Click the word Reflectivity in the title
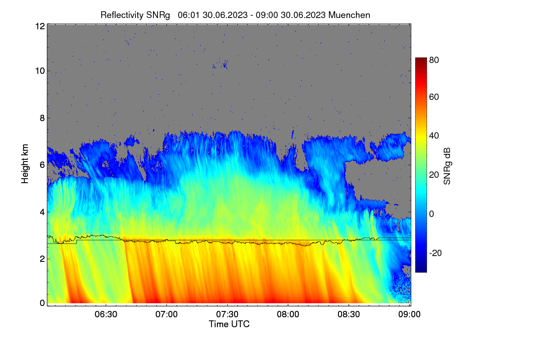(122, 15)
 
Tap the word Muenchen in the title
(349, 15)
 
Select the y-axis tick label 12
(40, 26)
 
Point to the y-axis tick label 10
(40, 71)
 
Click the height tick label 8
(42, 118)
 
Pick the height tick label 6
(42, 165)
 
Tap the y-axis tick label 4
(42, 212)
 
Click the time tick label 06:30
(106, 314)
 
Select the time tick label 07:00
(166, 314)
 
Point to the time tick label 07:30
(227, 314)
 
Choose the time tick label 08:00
(288, 314)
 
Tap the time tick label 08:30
(349, 314)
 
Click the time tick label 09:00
(409, 314)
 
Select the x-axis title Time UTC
(229, 324)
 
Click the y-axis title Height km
(25, 164)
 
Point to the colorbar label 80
(434, 60)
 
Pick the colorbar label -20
(436, 253)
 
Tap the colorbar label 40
(434, 136)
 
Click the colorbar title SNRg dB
(447, 166)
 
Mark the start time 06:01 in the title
(189, 15)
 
